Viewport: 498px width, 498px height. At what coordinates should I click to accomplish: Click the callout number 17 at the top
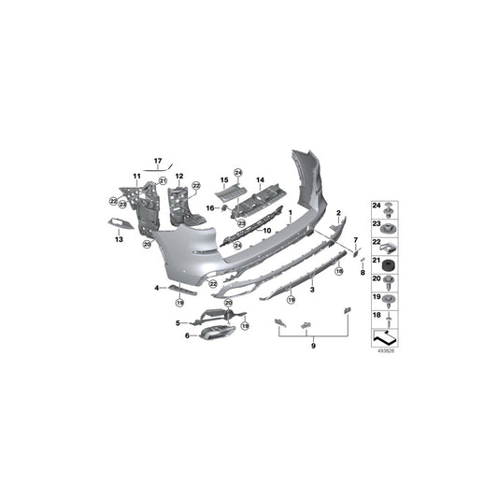point(158,162)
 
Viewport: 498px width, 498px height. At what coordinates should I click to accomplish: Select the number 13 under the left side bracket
point(119,240)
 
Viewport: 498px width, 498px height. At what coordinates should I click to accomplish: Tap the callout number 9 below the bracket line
point(314,346)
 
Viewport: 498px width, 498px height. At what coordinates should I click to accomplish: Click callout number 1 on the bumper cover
point(290,214)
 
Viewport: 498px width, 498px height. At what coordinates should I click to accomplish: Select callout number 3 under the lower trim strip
point(312,291)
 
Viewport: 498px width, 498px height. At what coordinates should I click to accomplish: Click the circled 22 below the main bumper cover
point(212,284)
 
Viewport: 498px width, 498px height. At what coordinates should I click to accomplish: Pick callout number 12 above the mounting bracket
point(178,176)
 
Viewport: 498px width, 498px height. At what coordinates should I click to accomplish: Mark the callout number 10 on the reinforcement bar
point(266,229)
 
